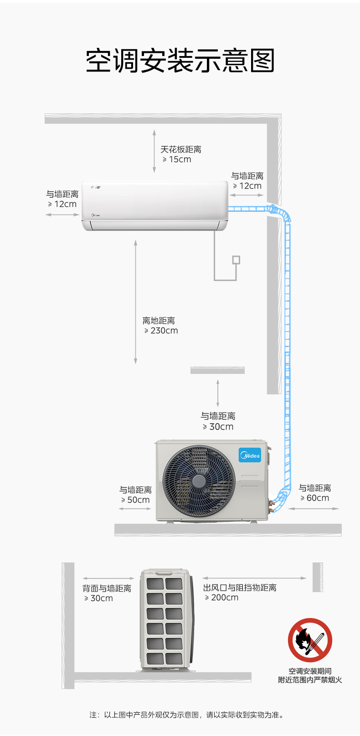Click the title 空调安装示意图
[180, 61]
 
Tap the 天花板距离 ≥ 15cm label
[180, 154]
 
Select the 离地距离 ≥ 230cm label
[160, 326]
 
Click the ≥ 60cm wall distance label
[314, 493]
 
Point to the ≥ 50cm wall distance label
[135, 495]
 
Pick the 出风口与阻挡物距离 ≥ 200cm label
[240, 592]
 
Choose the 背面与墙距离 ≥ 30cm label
[107, 593]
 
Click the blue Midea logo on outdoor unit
[250, 455]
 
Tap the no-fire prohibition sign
[310, 640]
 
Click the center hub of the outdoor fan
[199, 481]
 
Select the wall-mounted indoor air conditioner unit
[155, 206]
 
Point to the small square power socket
[236, 260]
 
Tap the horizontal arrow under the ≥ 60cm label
[314, 508]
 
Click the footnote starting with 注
[187, 715]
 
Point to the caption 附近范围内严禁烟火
[310, 680]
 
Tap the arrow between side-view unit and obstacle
[254, 578]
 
